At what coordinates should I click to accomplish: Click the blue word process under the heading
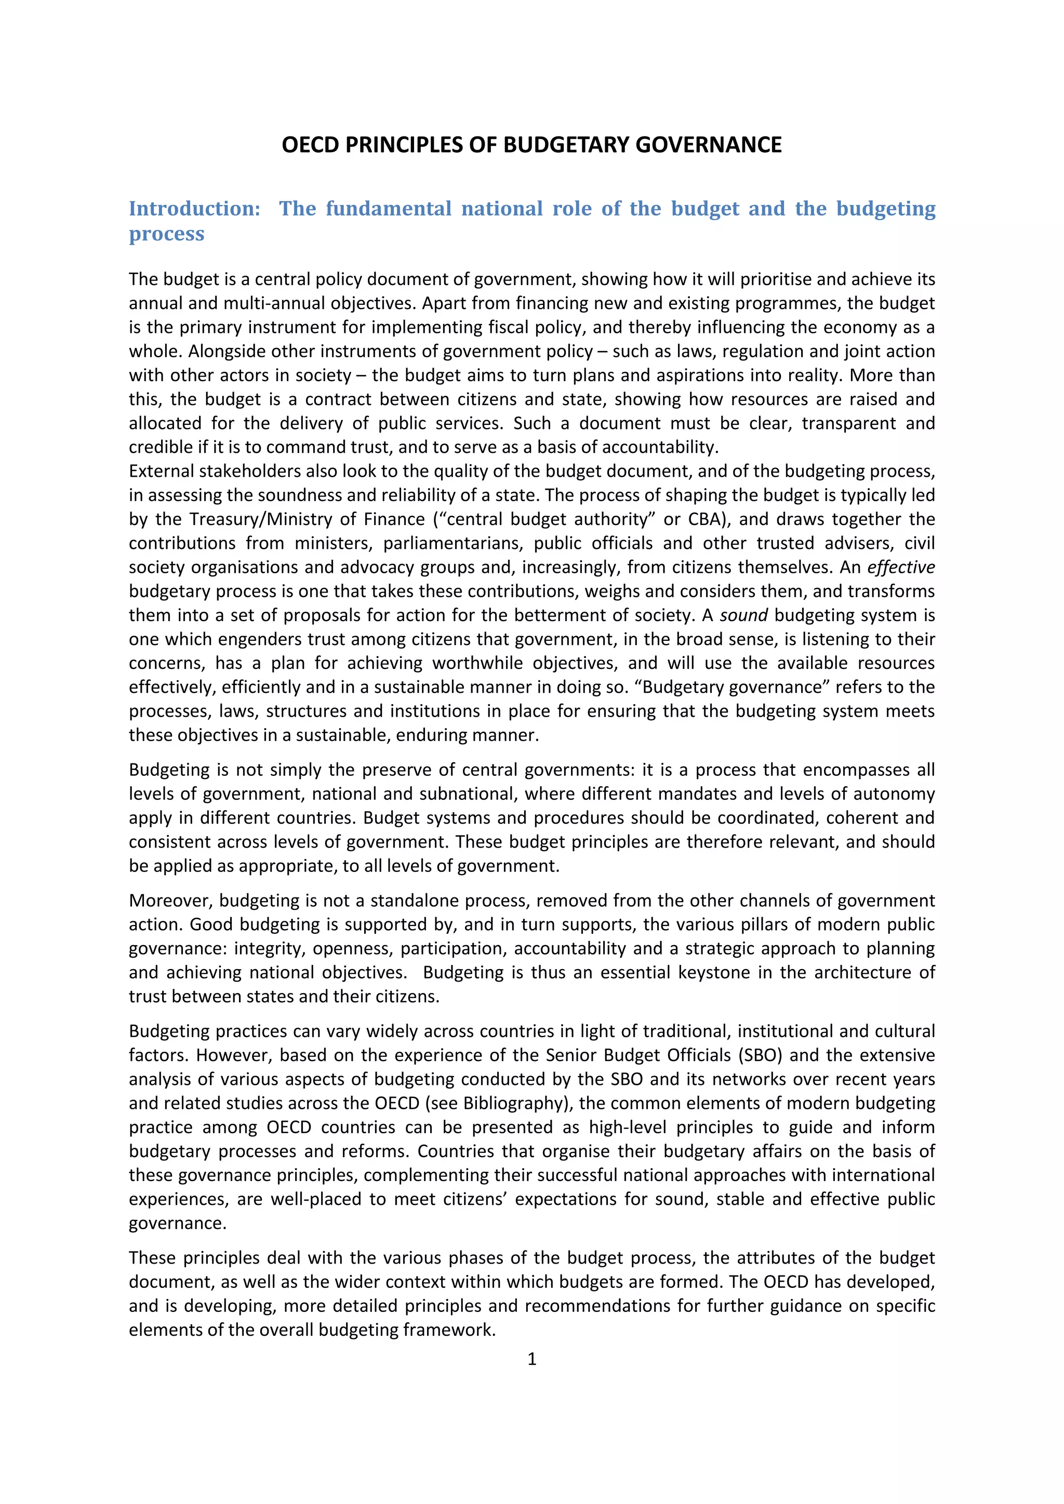coord(166,233)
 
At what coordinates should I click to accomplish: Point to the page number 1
coord(531,1359)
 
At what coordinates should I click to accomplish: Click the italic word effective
coord(901,567)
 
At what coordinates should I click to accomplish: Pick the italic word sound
coord(743,615)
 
